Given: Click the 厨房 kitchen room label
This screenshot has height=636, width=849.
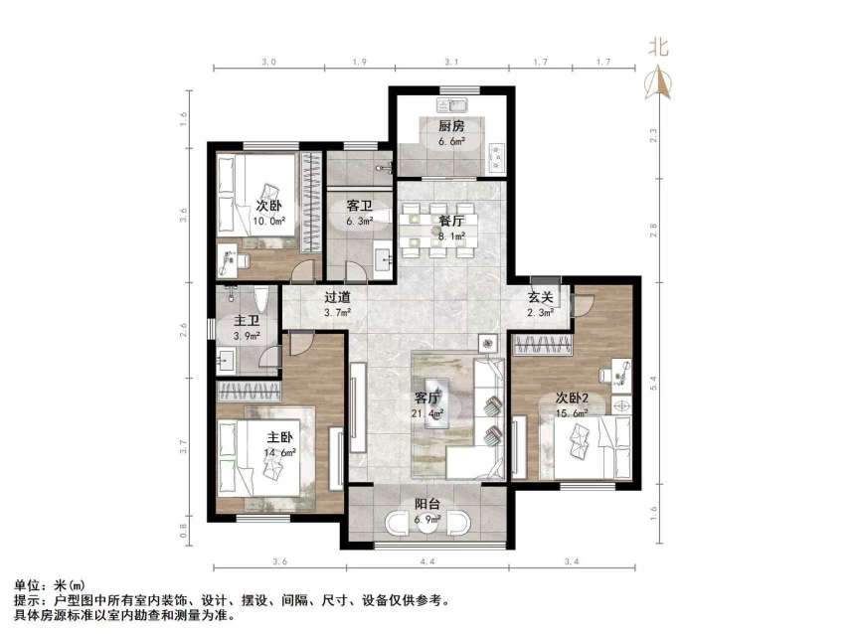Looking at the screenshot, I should (x=452, y=126).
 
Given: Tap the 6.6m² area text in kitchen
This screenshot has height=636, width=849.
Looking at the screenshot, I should (x=452, y=141).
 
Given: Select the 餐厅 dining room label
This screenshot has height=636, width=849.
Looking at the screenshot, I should (x=438, y=221).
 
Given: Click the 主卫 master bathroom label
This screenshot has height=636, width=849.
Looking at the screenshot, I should (x=247, y=321).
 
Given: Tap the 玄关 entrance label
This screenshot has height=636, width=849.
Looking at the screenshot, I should (x=540, y=297).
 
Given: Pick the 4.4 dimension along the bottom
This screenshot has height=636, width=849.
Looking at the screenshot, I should (x=428, y=563).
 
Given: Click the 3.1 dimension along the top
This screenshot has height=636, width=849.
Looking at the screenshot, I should (x=451, y=63).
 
